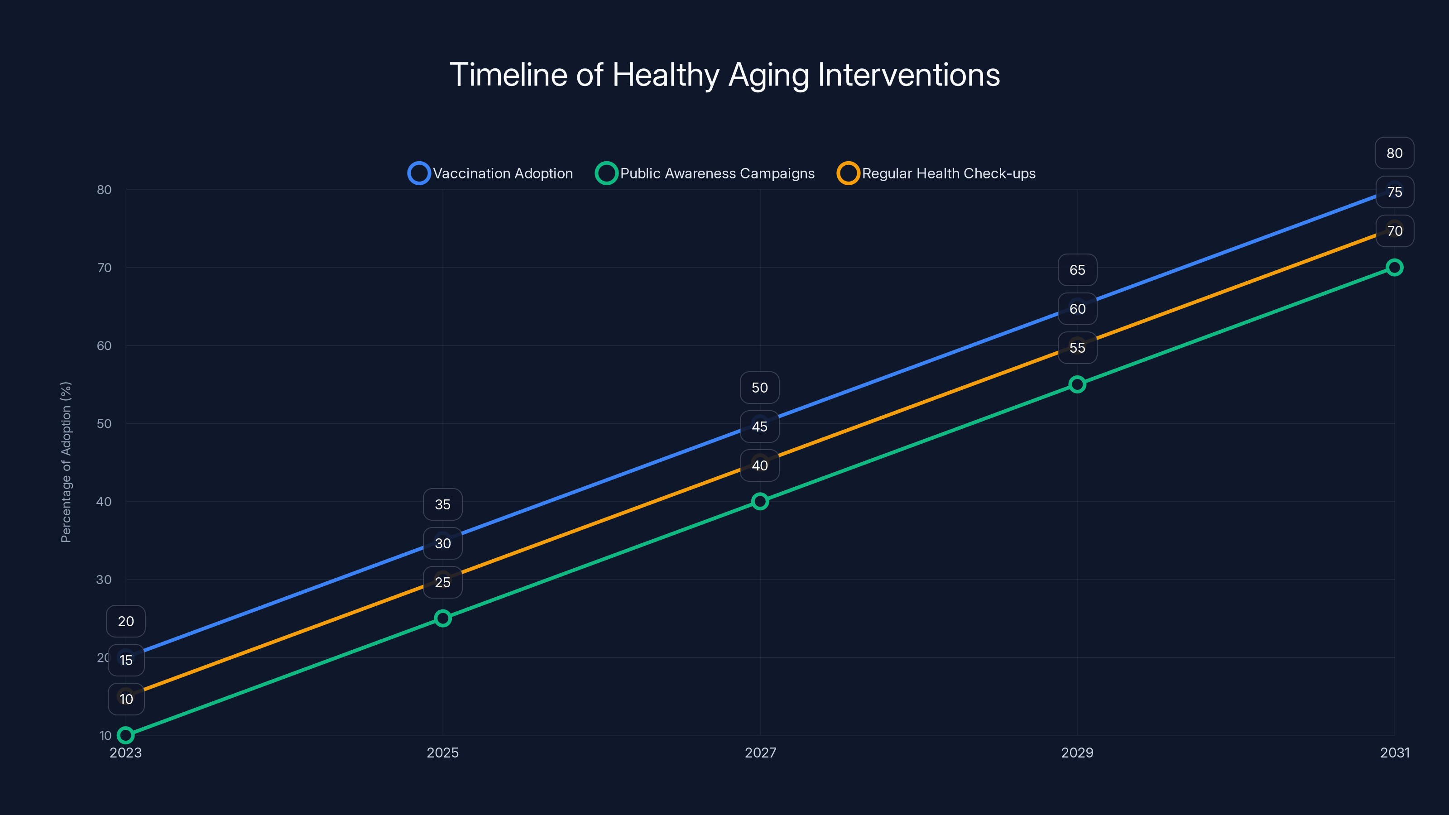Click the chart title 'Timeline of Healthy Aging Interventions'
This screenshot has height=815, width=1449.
click(x=724, y=75)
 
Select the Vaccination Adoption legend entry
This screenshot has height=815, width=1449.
click(x=490, y=173)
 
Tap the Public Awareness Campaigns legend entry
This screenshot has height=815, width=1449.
click(x=705, y=173)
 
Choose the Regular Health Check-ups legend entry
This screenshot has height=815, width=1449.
click(x=936, y=173)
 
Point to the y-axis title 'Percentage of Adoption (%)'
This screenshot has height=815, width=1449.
click(x=66, y=462)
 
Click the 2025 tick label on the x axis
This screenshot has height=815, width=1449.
click(x=443, y=753)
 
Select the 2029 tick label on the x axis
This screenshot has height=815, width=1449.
click(x=1077, y=753)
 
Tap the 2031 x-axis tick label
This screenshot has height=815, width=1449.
click(x=1395, y=753)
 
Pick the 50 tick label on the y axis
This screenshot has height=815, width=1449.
click(x=104, y=423)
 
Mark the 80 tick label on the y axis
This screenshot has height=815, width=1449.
click(x=104, y=190)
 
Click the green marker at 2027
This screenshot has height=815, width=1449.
click(x=760, y=501)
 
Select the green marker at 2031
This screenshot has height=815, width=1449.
click(x=1395, y=267)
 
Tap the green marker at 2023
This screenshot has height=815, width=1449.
click(x=125, y=735)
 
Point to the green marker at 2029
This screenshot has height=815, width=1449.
click(x=1077, y=384)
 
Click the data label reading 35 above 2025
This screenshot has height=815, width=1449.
click(x=443, y=504)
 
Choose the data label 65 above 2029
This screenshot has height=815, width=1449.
click(x=1077, y=270)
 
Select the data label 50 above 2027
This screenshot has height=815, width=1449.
click(x=760, y=388)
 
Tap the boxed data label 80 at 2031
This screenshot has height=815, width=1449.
click(x=1395, y=153)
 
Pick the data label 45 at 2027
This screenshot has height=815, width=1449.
click(x=760, y=427)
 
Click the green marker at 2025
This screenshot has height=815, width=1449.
click(x=443, y=618)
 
